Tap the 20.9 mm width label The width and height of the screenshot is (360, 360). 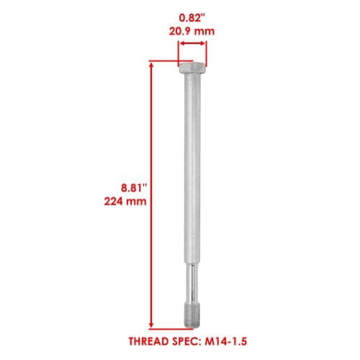point(192,32)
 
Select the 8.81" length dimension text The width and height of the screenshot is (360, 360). point(134,188)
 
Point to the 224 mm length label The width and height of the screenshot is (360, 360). point(125,201)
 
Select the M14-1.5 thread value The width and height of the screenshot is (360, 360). point(225,341)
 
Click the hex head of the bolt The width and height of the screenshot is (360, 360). point(192,68)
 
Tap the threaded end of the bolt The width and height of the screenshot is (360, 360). point(192,318)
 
